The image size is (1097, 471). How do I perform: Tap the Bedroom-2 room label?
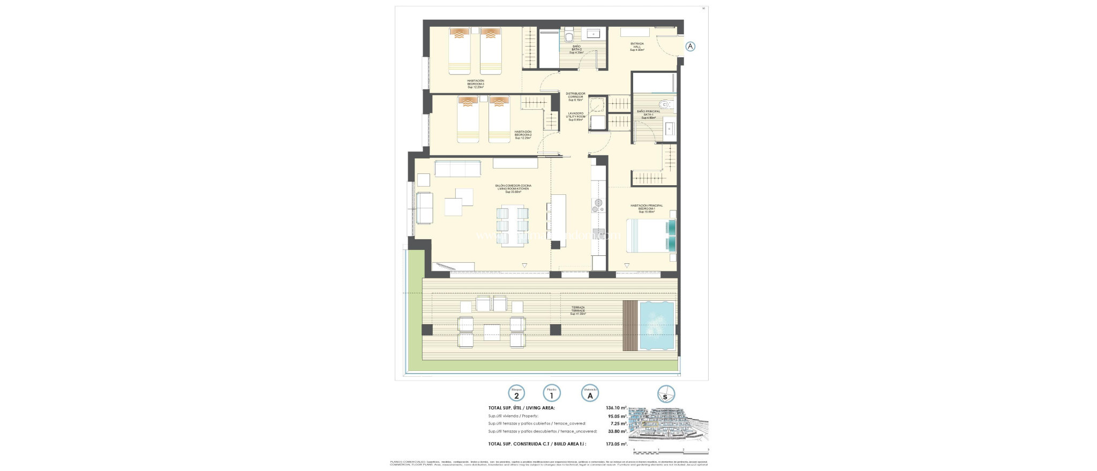point(523,134)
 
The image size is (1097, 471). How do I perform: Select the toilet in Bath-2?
point(569,36)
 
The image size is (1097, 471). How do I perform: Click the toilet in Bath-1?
point(665,105)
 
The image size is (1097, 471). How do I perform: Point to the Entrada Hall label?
point(637,47)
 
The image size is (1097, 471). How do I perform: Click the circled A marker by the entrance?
point(690,47)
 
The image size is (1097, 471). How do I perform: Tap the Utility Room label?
point(576,116)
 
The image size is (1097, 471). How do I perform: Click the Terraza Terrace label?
point(578,310)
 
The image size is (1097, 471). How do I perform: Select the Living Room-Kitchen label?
point(513,188)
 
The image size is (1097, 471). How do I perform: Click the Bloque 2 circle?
point(516,394)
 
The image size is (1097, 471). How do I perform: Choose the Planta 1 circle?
point(552,394)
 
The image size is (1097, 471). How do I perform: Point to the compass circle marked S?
point(666,394)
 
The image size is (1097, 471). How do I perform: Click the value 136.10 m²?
point(616,408)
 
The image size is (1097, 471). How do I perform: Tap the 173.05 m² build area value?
point(616,444)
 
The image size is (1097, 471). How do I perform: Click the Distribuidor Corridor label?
point(576,96)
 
